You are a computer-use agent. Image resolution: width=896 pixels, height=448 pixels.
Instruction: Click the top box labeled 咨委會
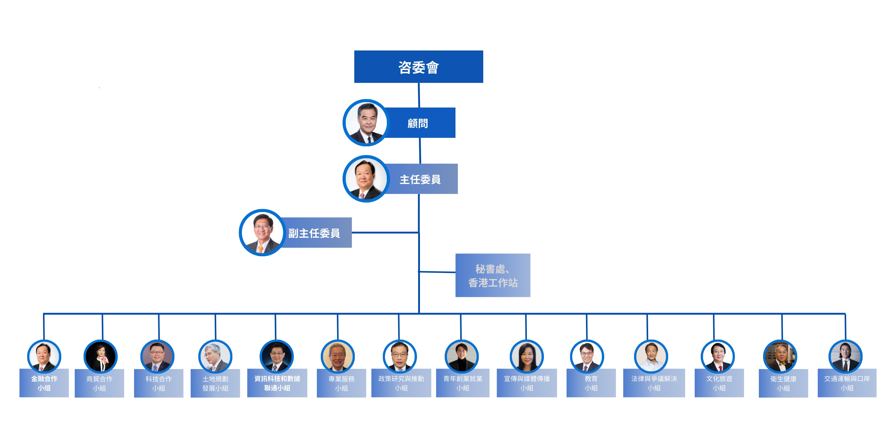(x=418, y=67)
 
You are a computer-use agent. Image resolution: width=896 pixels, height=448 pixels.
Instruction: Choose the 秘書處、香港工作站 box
(x=493, y=275)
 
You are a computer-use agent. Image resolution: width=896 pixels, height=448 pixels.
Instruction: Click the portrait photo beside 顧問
(x=366, y=123)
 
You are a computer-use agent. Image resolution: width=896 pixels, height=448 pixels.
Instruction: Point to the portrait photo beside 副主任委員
(x=262, y=233)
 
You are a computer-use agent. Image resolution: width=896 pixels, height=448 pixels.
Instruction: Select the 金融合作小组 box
(x=44, y=383)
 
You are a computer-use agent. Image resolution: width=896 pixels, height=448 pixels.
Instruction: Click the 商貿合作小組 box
(x=99, y=383)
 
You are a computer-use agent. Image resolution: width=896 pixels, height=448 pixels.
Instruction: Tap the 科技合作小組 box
(x=159, y=383)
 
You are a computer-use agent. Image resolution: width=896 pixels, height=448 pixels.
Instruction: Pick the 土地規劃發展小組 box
(x=215, y=383)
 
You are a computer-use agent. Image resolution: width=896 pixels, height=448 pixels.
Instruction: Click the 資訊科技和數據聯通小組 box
(x=277, y=383)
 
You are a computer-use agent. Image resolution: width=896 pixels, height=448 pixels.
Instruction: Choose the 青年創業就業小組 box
(x=463, y=383)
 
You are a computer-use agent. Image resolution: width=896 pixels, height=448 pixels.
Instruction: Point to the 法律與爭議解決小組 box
(x=654, y=383)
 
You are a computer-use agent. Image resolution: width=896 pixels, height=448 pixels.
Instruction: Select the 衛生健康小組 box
(x=783, y=383)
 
